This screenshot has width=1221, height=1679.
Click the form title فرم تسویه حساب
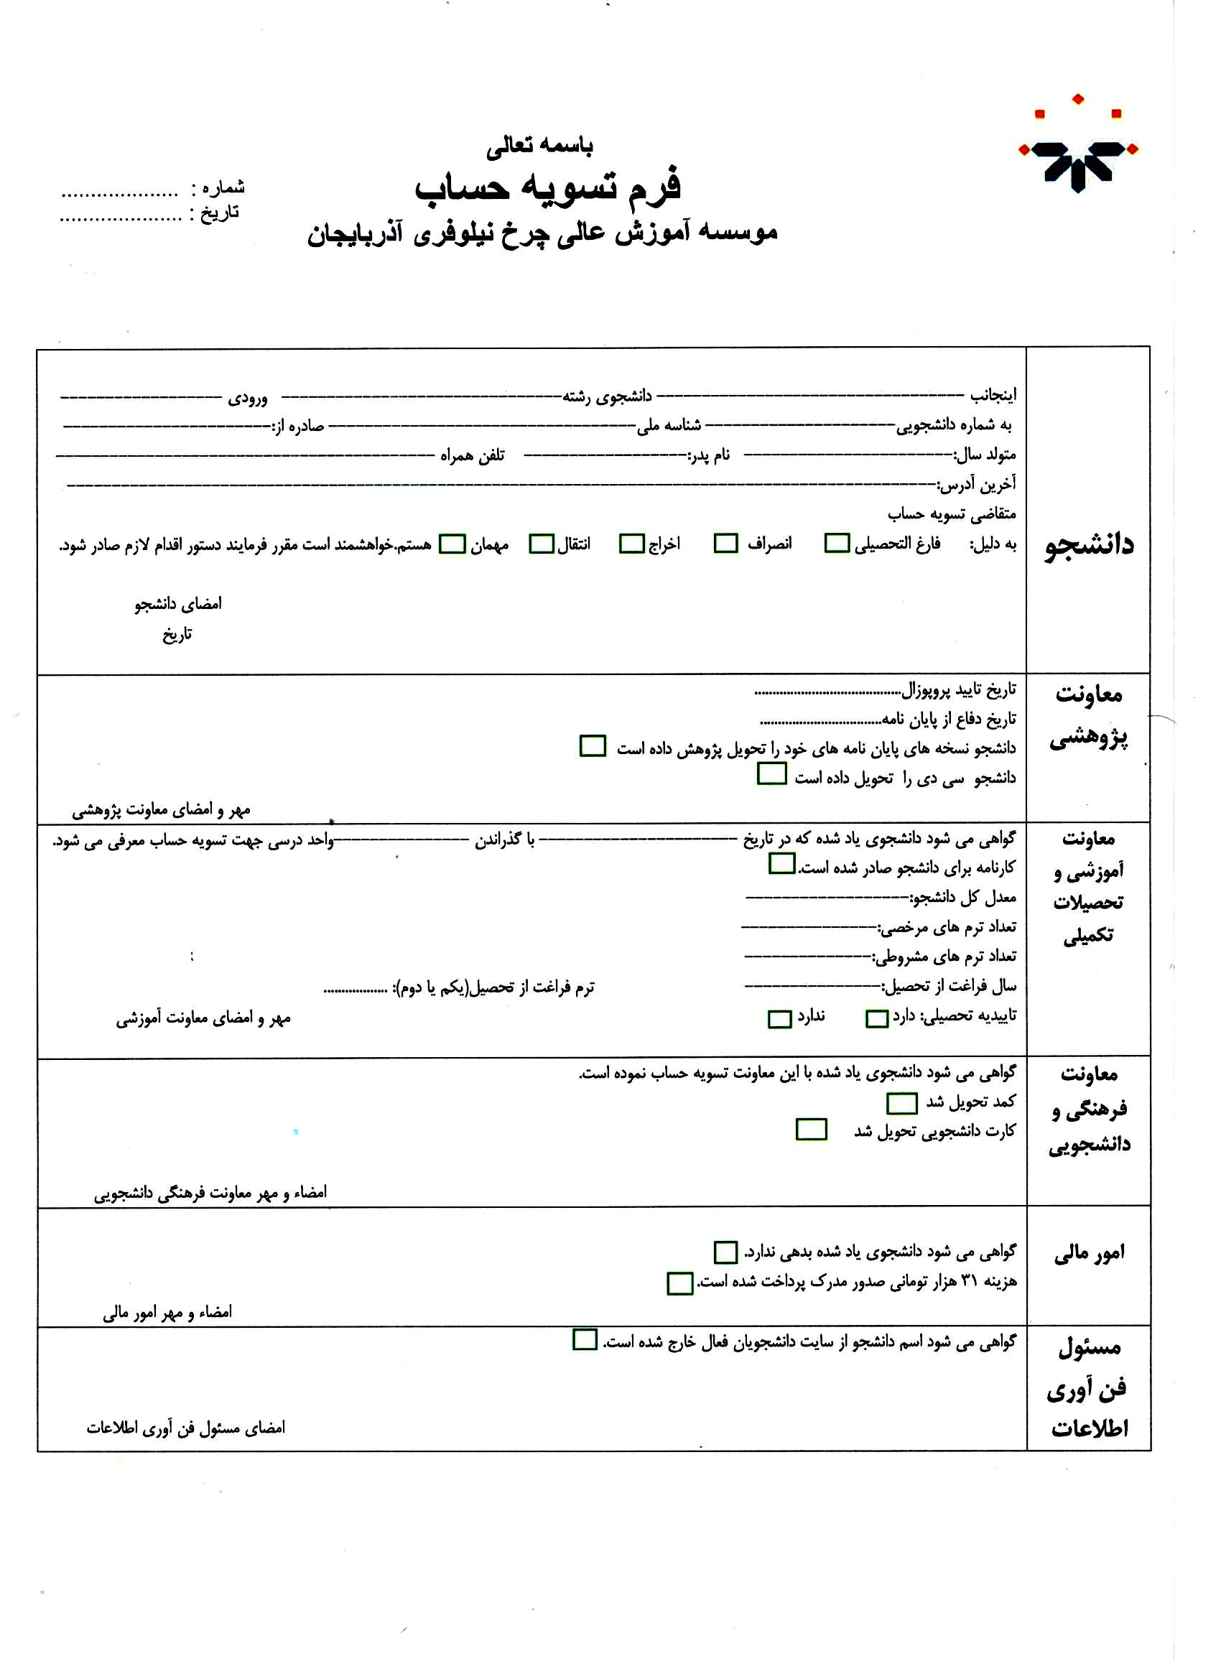tap(547, 186)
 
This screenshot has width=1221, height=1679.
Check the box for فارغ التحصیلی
tap(837, 544)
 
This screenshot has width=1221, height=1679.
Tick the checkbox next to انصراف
tap(725, 544)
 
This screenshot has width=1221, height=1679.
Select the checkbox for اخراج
tap(631, 544)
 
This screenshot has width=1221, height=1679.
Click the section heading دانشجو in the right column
tap(1088, 546)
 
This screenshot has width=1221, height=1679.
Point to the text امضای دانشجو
tap(177, 604)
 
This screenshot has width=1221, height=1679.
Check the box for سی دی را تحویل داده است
tap(771, 774)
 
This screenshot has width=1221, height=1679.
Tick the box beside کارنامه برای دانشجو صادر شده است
tap(782, 864)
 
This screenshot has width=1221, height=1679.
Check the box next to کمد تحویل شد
tap(902, 1104)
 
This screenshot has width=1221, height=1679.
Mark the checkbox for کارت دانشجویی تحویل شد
tap(811, 1130)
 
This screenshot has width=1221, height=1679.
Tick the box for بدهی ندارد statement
tap(725, 1252)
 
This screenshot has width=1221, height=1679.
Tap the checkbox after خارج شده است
tap(585, 1340)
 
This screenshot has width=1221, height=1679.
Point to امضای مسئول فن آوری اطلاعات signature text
tap(186, 1428)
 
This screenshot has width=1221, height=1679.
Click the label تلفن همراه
tap(473, 455)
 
